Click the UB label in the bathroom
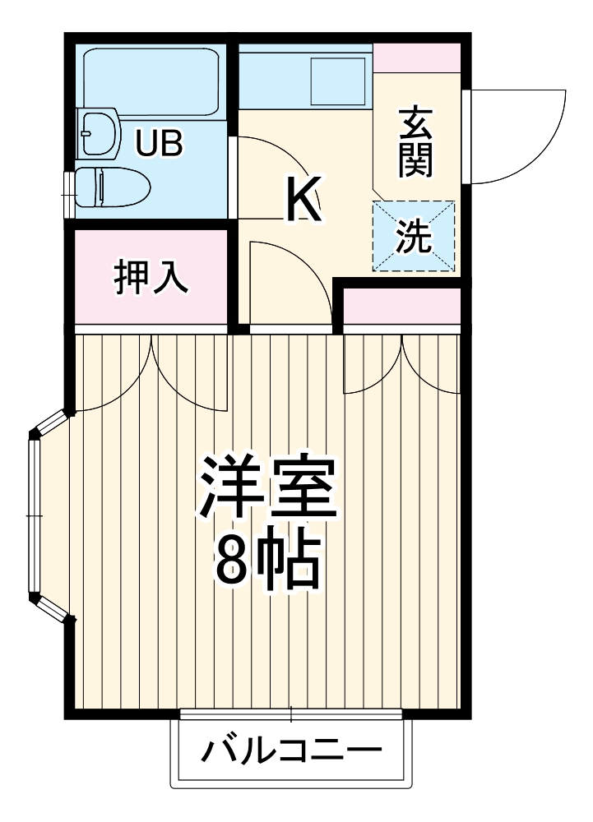point(160,144)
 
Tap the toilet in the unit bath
point(111,187)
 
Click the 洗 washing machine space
point(414,238)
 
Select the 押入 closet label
point(151,278)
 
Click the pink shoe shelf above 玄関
point(416,58)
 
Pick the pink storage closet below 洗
point(401,306)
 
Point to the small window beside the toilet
point(68,193)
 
